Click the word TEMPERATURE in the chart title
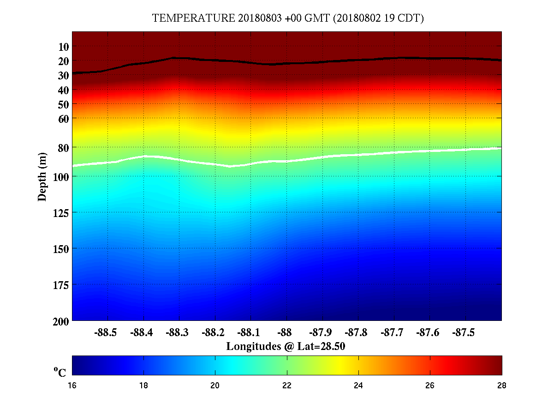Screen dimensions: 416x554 pyautogui.click(x=194, y=18)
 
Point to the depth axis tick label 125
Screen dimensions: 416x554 pyautogui.click(x=60, y=212)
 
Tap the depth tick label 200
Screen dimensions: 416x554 pyautogui.click(x=60, y=320)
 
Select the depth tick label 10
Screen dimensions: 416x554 pyautogui.click(x=64, y=47)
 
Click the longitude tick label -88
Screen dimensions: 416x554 pyautogui.click(x=286, y=332)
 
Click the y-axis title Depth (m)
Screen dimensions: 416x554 pyautogui.click(x=42, y=176)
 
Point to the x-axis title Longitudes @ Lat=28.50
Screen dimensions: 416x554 pyautogui.click(x=286, y=346)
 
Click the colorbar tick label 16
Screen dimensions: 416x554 pyautogui.click(x=72, y=386)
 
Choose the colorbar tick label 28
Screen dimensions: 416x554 pyautogui.click(x=501, y=386)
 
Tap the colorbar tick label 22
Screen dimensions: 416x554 pyautogui.click(x=287, y=386)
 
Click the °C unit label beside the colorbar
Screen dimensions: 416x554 pyautogui.click(x=60, y=372)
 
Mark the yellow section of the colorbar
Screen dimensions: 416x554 pyautogui.click(x=340, y=365)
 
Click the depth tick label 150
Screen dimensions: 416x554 pyautogui.click(x=60, y=248)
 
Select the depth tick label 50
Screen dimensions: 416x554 pyautogui.click(x=64, y=104)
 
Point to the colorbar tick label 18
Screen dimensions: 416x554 pyautogui.click(x=144, y=386)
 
